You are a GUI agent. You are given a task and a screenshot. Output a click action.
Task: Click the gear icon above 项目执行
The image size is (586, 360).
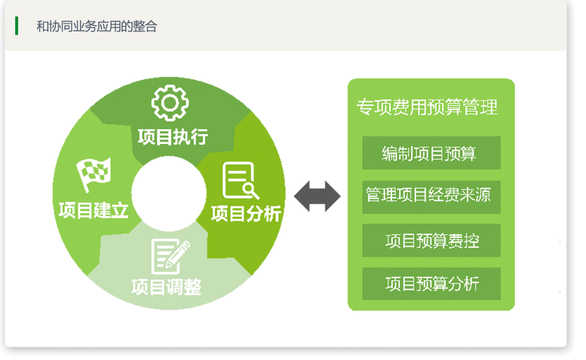[x=170, y=103]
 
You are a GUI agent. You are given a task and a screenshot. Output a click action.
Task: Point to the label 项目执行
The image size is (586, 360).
[x=173, y=137]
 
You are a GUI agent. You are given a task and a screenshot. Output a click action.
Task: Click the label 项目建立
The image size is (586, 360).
[x=93, y=210]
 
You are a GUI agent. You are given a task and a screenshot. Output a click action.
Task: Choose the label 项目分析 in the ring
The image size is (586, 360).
[x=246, y=214]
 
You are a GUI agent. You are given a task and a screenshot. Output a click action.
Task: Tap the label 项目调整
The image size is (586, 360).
[x=167, y=287]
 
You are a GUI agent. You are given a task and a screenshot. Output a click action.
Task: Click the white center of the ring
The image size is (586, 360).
[x=169, y=193]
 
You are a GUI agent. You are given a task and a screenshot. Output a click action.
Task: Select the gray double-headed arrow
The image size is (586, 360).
[x=317, y=196]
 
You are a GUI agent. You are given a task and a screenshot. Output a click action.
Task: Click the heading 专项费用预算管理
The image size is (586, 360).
[x=427, y=107]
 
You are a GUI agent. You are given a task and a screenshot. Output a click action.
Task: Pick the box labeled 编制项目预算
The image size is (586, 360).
[x=431, y=153]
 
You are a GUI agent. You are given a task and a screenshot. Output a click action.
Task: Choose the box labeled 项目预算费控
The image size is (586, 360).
[x=431, y=241]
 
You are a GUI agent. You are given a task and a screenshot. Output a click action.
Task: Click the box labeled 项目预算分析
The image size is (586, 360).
[x=431, y=284]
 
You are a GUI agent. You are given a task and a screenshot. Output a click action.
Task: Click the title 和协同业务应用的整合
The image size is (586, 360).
[x=97, y=27]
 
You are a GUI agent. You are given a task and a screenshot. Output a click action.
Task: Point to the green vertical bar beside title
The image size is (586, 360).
[x=16, y=26]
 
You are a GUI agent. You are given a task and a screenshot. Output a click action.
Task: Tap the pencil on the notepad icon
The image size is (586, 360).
[x=178, y=254]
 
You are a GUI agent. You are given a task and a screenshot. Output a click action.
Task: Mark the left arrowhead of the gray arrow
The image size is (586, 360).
[x=302, y=196]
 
